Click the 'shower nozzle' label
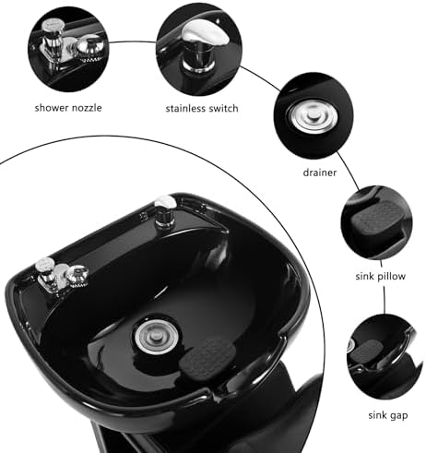pos(68,108)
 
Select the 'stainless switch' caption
pos(202,109)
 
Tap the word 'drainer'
pos(320,173)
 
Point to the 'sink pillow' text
pos(381,276)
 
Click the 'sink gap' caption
pos(388,415)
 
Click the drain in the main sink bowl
pos(157,336)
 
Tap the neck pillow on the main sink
pos(207,359)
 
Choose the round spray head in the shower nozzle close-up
pos(90,49)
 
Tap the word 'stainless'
pos(186,109)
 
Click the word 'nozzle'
pos(87,108)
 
